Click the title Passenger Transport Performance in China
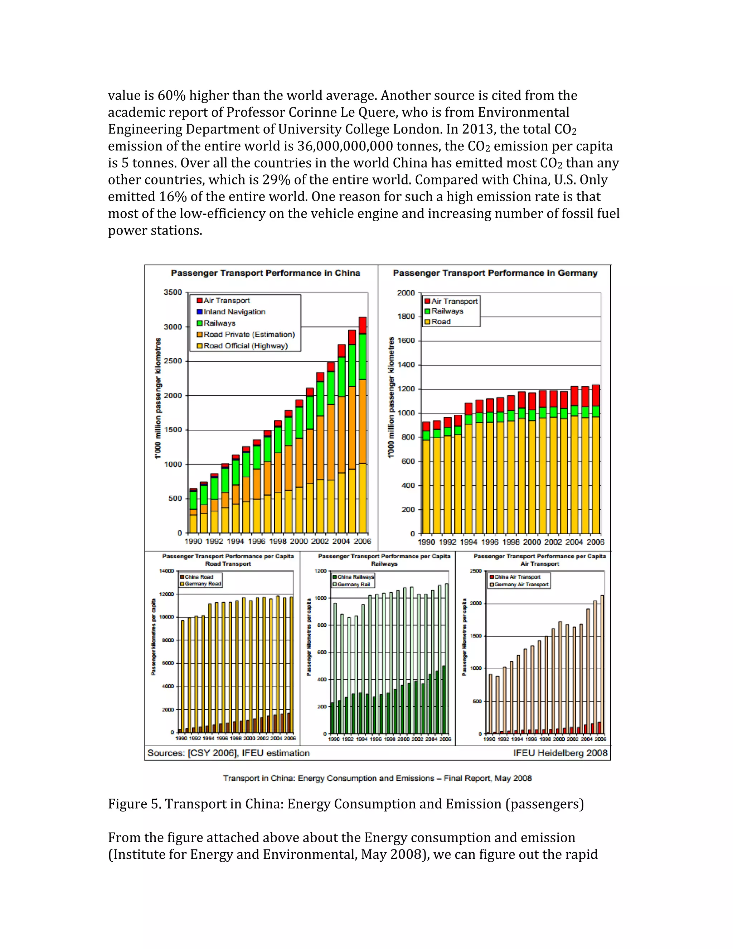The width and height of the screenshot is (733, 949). pos(265,273)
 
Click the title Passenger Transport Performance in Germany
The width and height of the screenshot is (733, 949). pos(495,273)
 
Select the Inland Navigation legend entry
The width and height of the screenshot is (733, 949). pos(234,312)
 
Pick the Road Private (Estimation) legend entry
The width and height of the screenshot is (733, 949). pos(249,334)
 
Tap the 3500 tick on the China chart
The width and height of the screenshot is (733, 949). pos(173,292)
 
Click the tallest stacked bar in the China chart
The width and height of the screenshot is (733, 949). pos(362,426)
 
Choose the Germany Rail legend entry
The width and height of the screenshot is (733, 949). pos(353,584)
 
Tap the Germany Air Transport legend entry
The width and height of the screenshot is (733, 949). pos(521,584)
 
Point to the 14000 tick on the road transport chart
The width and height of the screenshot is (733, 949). pos(168,571)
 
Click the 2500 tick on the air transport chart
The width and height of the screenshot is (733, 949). pos(476,571)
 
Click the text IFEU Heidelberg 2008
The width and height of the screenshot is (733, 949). pos(560,753)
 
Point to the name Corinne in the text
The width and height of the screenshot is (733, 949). pos(313,112)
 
